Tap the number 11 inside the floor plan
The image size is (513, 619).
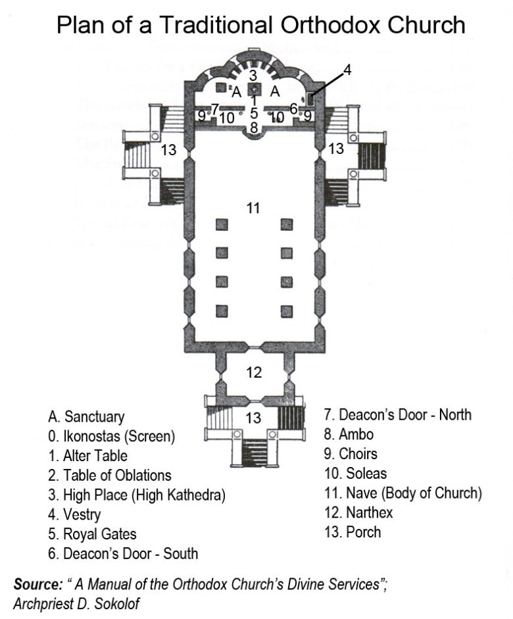pos(254,209)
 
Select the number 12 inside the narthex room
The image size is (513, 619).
pos(255,373)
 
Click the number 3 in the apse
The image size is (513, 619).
pos(253,75)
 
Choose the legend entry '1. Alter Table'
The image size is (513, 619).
pos(87,455)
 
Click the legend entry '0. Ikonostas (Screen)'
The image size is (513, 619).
pos(111,436)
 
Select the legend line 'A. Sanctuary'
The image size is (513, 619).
pos(86,417)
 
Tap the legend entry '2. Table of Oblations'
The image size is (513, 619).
pos(109,475)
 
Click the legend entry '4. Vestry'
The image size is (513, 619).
pos(74,514)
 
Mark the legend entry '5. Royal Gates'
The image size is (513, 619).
pos(92,534)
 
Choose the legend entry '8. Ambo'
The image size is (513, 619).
pos(349,434)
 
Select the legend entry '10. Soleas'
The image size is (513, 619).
pos(355,473)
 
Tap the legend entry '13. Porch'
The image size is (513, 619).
pos(353,532)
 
